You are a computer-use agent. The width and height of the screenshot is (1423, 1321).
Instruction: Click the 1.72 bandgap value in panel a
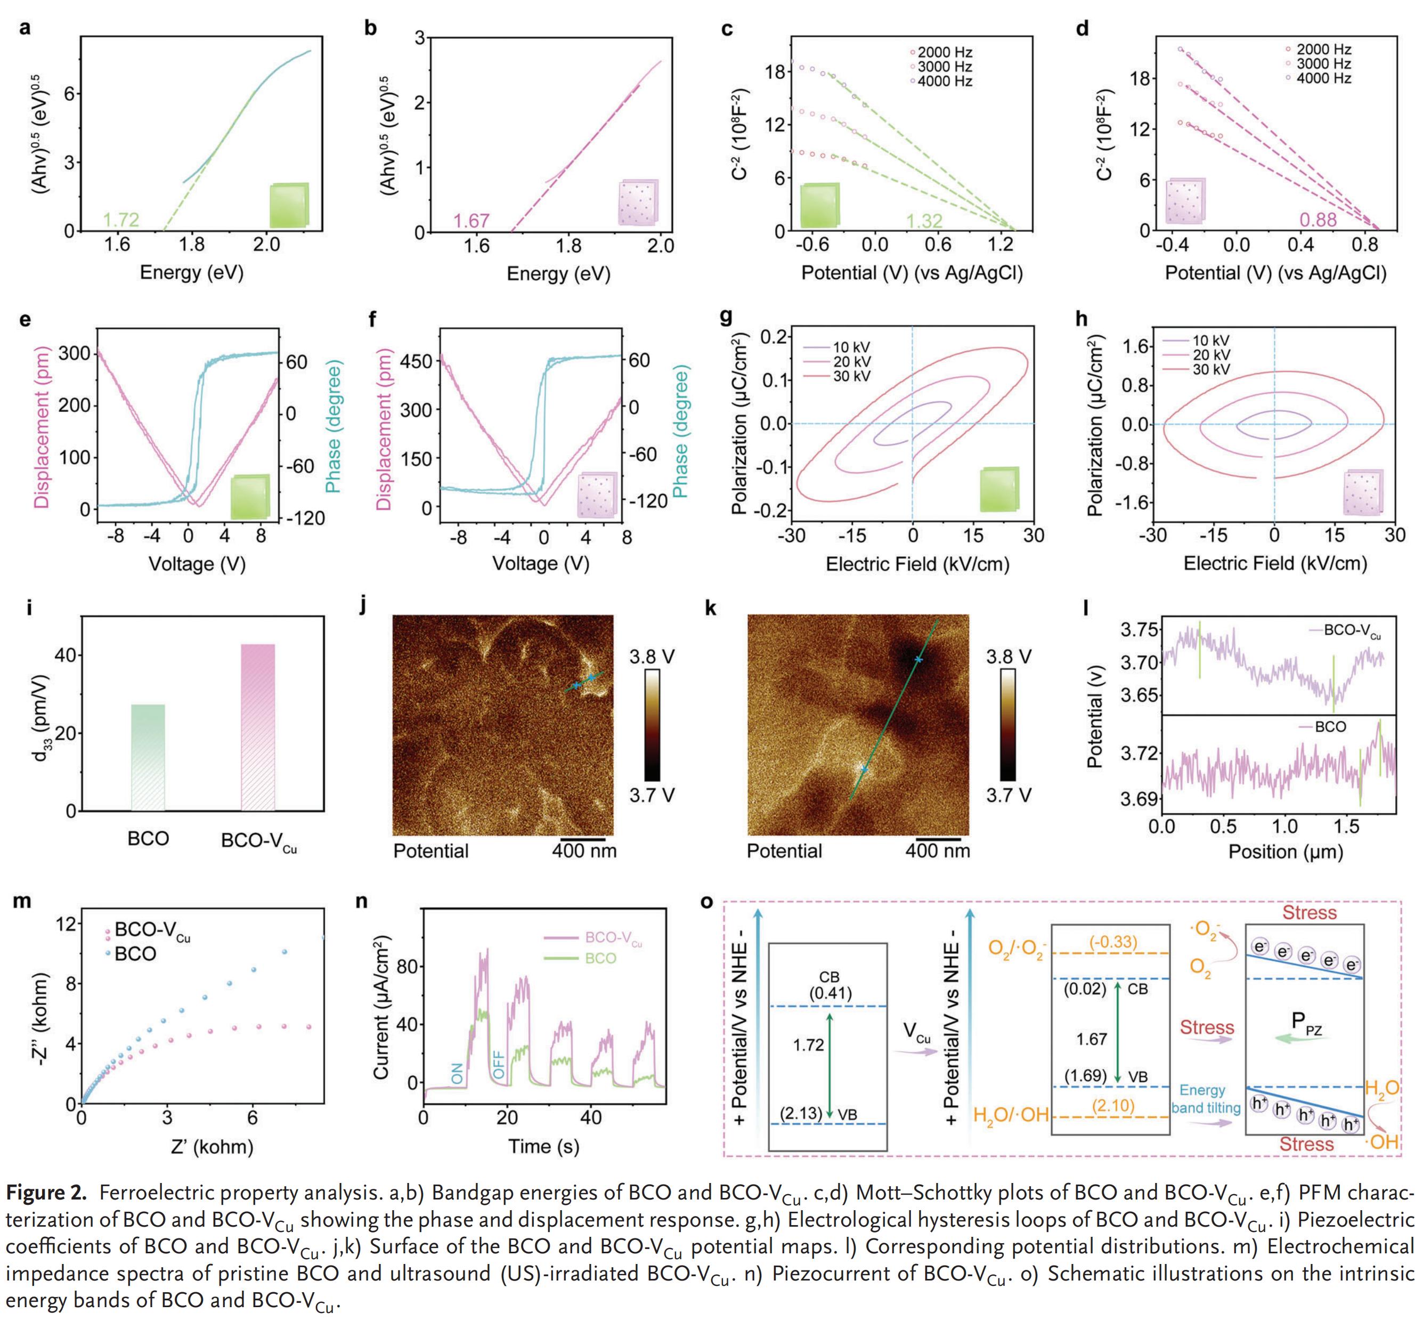121,220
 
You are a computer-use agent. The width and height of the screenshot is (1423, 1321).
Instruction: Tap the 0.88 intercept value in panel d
1318,220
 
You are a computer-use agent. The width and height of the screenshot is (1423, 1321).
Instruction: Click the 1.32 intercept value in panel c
924,221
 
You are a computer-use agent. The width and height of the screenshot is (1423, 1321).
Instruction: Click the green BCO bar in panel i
148,757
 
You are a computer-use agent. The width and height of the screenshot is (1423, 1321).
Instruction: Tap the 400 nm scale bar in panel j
582,839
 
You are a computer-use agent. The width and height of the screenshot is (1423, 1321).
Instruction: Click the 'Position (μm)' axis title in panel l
1285,852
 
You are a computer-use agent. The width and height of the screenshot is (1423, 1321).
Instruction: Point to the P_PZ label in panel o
1306,1023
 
